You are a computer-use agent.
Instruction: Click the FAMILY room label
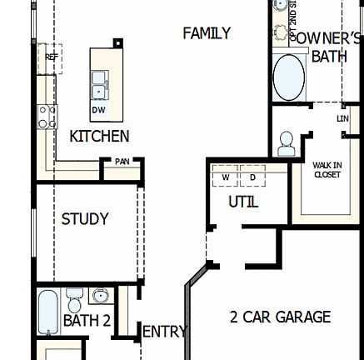click(x=207, y=33)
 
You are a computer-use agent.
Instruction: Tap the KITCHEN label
click(x=99, y=136)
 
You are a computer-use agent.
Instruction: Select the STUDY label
click(x=85, y=219)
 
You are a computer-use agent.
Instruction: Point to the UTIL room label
click(x=243, y=202)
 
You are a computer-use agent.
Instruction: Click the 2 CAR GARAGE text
click(x=280, y=317)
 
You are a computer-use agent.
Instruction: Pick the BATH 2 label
click(x=87, y=321)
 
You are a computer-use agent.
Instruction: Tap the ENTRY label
click(x=165, y=332)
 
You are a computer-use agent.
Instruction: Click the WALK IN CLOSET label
click(x=327, y=170)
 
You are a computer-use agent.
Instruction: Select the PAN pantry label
click(x=122, y=162)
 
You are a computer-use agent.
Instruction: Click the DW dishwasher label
click(x=98, y=109)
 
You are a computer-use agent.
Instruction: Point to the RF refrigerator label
click(x=51, y=57)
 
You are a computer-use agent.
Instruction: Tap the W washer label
click(x=225, y=177)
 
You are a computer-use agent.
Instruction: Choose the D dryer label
click(x=252, y=177)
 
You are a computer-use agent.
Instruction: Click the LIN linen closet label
click(x=342, y=119)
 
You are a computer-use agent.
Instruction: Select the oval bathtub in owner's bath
click(x=289, y=77)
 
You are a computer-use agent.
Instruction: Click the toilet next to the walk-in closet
click(x=286, y=142)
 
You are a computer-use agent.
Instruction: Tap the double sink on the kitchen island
click(x=99, y=84)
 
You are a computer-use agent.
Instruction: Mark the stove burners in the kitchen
click(x=47, y=116)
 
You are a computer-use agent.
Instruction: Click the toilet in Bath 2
click(x=75, y=298)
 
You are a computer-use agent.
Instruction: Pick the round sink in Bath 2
click(x=101, y=296)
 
